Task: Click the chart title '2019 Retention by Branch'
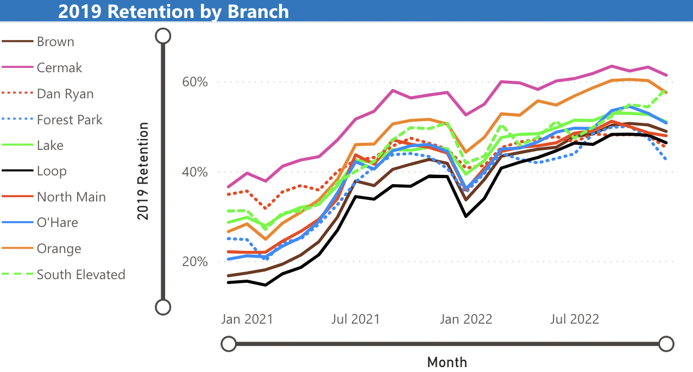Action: (x=173, y=11)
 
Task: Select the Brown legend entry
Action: (x=55, y=42)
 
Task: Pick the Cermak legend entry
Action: (x=59, y=68)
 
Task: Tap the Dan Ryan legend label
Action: (x=65, y=94)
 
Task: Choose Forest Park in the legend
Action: (x=69, y=119)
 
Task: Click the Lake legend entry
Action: (x=50, y=146)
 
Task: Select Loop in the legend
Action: (x=52, y=171)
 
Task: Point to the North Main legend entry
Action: (x=71, y=197)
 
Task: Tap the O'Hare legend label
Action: (x=57, y=223)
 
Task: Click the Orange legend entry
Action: (x=59, y=249)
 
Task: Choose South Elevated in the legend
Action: (x=80, y=275)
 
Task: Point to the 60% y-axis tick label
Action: (x=194, y=83)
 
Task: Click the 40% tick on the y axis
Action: (x=194, y=172)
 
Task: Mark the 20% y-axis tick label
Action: (x=194, y=262)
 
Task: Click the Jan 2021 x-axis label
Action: (x=247, y=319)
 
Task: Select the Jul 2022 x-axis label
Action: (x=575, y=319)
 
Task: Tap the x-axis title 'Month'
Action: (x=447, y=362)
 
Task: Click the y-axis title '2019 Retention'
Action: (x=143, y=171)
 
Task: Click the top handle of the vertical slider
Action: (x=163, y=36)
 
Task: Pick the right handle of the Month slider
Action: (x=666, y=344)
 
